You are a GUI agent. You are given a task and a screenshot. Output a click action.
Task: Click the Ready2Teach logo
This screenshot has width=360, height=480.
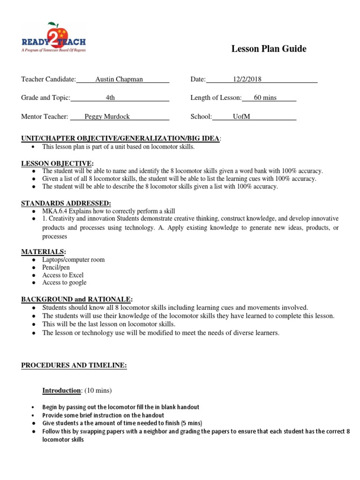[x=53, y=37]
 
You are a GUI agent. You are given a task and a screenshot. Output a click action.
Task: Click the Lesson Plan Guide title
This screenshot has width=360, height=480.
[x=269, y=49]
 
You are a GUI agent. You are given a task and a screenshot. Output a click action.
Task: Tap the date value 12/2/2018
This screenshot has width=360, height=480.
[x=247, y=79]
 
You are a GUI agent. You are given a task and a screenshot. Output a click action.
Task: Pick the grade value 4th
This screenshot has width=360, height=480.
[x=110, y=97]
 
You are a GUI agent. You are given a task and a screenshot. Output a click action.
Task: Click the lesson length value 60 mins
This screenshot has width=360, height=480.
[x=265, y=97]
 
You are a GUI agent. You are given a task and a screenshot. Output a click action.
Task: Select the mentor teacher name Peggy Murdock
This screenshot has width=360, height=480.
[x=107, y=116]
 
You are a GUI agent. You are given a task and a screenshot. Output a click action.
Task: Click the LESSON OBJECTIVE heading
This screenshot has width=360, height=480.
[x=57, y=163]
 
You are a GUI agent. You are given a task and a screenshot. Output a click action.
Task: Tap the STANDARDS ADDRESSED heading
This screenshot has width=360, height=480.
[x=66, y=203]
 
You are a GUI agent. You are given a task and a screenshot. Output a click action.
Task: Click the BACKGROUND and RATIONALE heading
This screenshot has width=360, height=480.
[x=76, y=299]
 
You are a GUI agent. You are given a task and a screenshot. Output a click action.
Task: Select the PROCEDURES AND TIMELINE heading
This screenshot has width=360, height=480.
[x=74, y=365]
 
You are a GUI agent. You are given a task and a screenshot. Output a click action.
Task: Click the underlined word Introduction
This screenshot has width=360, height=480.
[x=61, y=390]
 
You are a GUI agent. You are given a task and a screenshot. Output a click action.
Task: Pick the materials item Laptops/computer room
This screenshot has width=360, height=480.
[x=73, y=260]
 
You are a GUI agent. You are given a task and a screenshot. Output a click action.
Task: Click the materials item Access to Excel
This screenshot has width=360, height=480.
[x=63, y=275]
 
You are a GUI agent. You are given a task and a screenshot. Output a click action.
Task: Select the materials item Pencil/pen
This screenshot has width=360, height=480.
[x=56, y=267]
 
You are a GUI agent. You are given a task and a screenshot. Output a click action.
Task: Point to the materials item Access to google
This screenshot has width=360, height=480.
[x=64, y=283]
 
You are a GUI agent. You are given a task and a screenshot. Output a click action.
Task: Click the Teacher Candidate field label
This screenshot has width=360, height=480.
[x=48, y=79]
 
